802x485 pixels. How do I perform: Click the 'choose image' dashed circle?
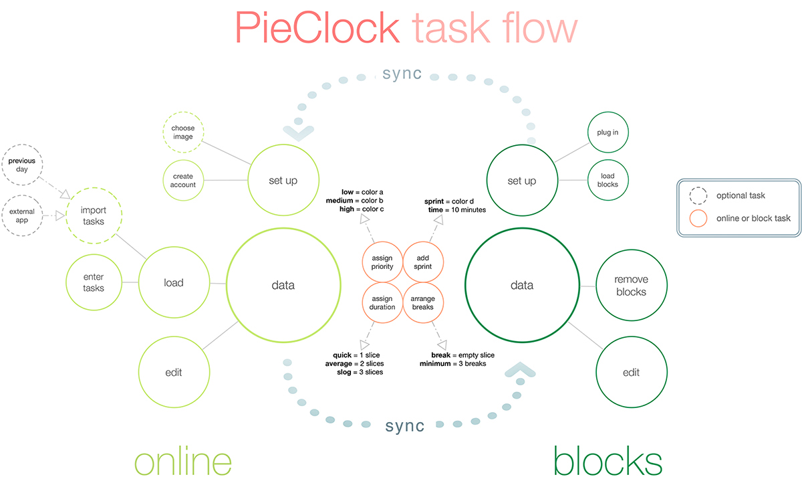click(x=183, y=132)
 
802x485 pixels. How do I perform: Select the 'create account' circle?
click(x=183, y=181)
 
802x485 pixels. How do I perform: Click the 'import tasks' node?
click(x=94, y=216)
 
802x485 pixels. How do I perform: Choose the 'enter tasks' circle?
click(x=94, y=282)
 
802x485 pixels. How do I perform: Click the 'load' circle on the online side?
click(x=173, y=283)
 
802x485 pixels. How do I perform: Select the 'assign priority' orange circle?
click(x=382, y=262)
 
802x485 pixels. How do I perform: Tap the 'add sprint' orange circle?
click(x=423, y=262)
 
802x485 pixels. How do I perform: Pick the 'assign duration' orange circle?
click(x=382, y=302)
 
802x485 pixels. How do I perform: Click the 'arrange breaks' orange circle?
click(x=423, y=302)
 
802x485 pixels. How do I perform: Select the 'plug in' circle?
click(x=608, y=132)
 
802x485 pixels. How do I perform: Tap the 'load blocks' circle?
click(x=608, y=180)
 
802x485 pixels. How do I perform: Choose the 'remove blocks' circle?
click(x=631, y=286)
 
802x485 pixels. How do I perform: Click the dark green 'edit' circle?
click(x=631, y=372)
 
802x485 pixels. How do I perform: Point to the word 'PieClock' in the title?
click(x=317, y=29)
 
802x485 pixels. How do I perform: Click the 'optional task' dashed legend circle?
click(x=698, y=195)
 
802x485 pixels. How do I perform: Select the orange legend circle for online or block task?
click(x=698, y=218)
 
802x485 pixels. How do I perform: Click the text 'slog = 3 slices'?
click(x=360, y=372)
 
